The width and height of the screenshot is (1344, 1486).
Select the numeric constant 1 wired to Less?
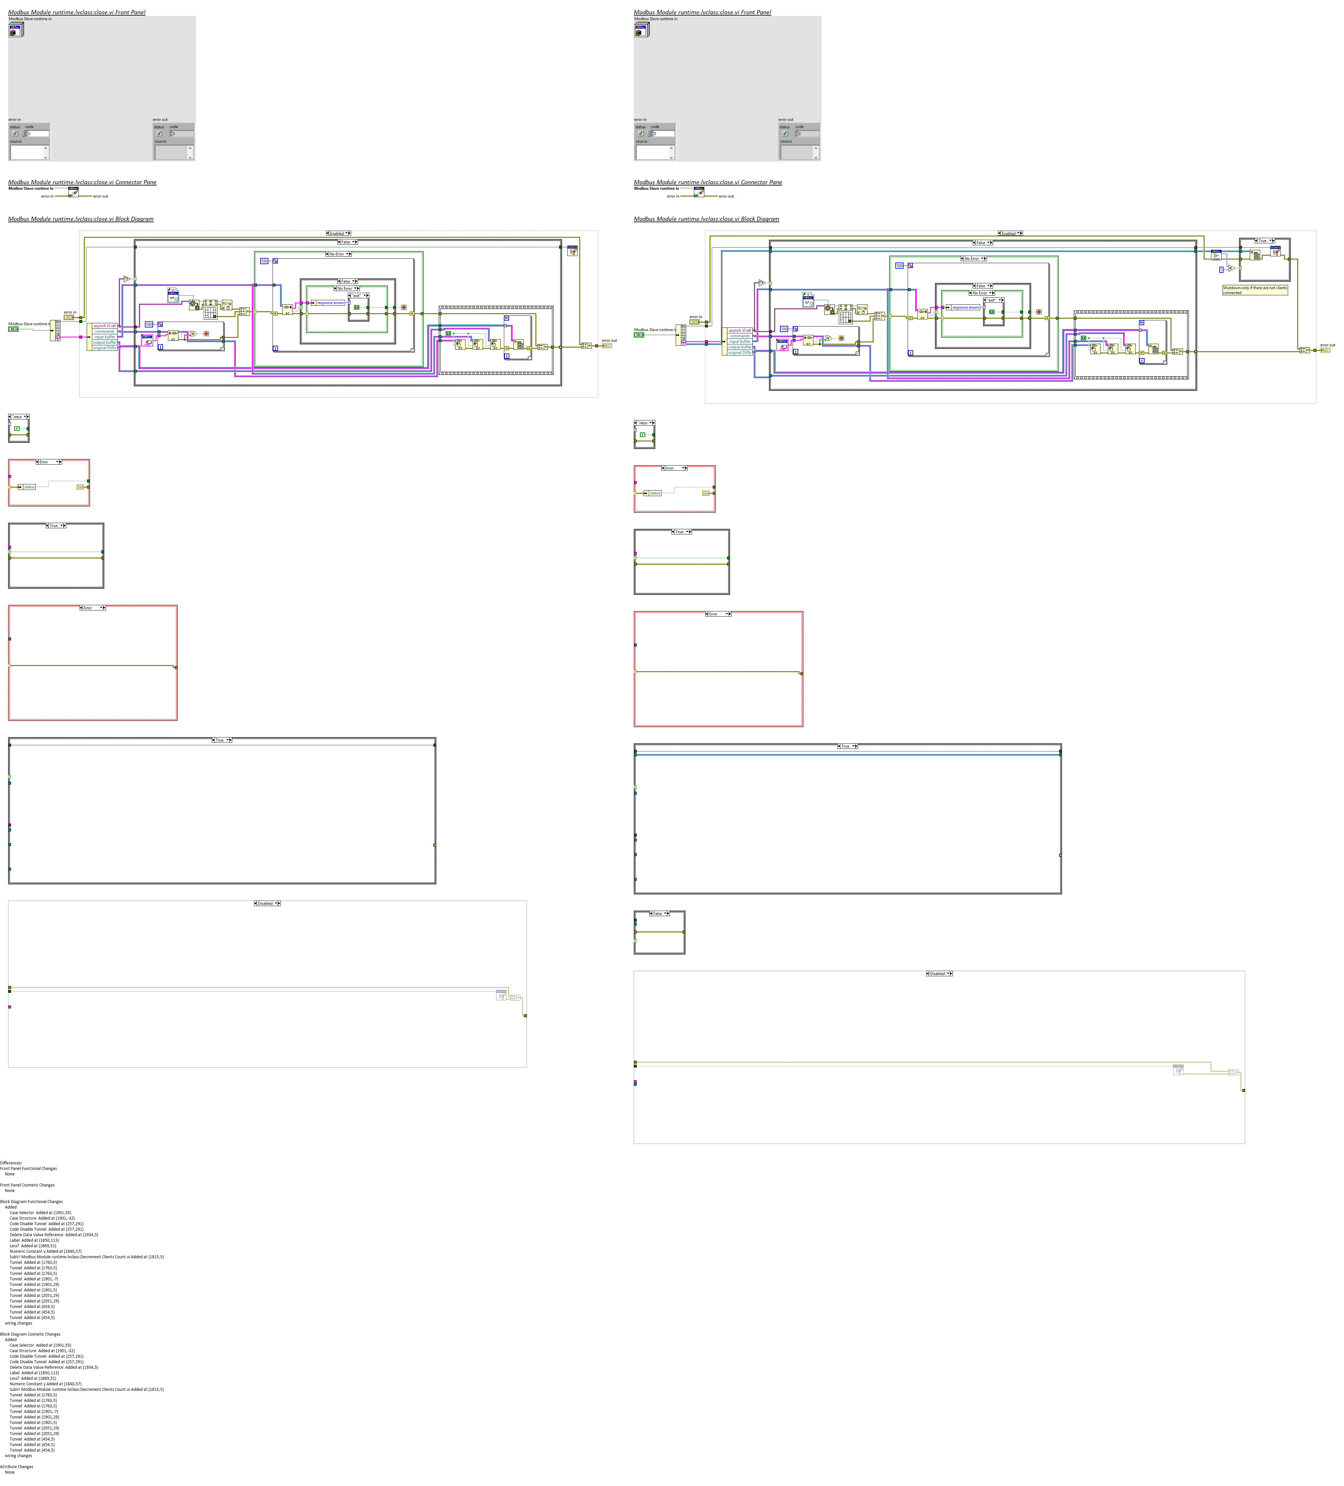click(x=1221, y=270)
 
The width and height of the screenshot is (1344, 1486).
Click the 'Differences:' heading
click(x=11, y=1162)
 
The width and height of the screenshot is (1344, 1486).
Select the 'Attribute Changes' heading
click(x=16, y=1466)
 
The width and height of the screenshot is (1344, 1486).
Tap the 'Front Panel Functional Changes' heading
click(x=28, y=1168)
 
